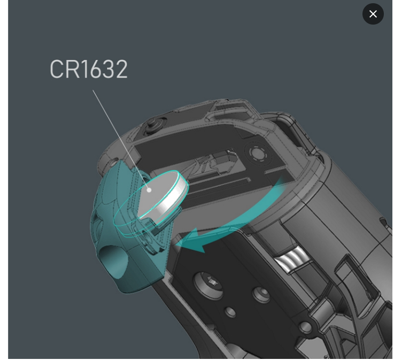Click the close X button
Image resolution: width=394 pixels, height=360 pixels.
pos(373,14)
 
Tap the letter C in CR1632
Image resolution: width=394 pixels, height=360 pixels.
pos(57,69)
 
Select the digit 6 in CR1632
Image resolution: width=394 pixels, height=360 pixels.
pos(95,69)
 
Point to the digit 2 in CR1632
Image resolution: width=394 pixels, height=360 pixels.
pos(121,69)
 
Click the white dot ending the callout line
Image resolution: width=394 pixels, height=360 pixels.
pos(149,190)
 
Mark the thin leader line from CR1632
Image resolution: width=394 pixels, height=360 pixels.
pos(121,140)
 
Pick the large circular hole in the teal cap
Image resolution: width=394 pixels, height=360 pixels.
pos(113,262)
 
